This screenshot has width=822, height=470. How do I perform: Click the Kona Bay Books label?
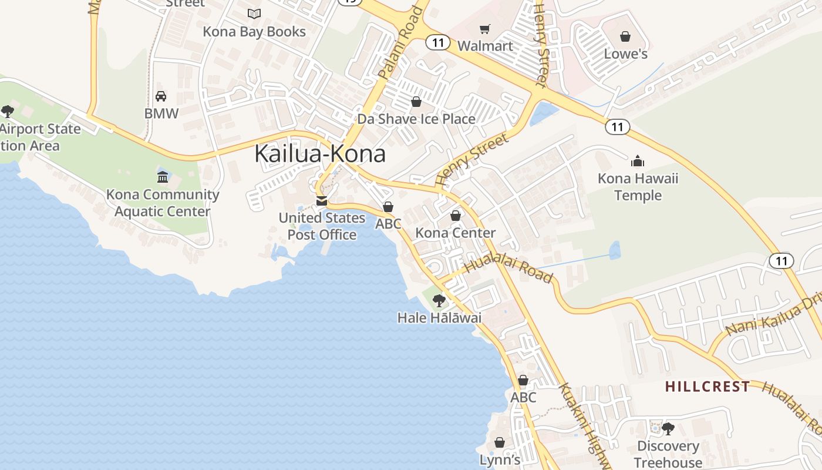point(254,32)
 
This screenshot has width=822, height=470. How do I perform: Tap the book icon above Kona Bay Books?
point(254,14)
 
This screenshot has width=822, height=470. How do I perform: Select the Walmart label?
point(485,46)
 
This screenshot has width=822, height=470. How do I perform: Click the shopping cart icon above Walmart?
point(485,29)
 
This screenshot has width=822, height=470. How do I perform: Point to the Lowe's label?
point(626,54)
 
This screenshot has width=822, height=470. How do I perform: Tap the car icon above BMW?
point(161,96)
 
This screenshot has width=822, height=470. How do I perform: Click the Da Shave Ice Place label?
point(416,119)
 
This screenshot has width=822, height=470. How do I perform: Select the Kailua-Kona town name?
point(320,154)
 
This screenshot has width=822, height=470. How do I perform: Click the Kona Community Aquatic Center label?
point(163,203)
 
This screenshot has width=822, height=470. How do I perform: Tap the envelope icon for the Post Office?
point(322,201)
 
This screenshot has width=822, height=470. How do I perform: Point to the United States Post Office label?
point(322,226)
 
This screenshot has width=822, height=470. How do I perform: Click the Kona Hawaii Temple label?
point(638,187)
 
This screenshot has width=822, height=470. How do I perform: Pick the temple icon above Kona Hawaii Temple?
point(638,160)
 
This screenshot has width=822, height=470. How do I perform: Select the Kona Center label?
point(456,233)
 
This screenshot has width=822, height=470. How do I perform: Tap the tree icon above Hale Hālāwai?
point(439,301)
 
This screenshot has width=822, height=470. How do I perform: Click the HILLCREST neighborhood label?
point(708,387)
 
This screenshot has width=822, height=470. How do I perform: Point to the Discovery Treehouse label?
point(668,454)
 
